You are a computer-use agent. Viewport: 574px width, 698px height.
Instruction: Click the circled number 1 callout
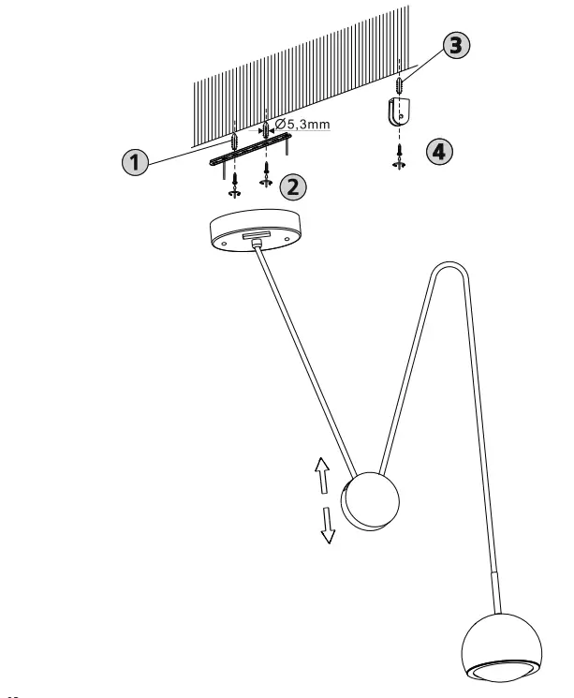tap(137, 162)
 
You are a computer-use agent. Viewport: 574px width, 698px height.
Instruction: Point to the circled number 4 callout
tap(435, 152)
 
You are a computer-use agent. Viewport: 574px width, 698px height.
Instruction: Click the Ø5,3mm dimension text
tap(302, 124)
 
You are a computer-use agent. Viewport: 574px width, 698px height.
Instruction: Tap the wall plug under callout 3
tap(400, 85)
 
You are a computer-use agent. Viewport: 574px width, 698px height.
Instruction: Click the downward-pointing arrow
tap(328, 526)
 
